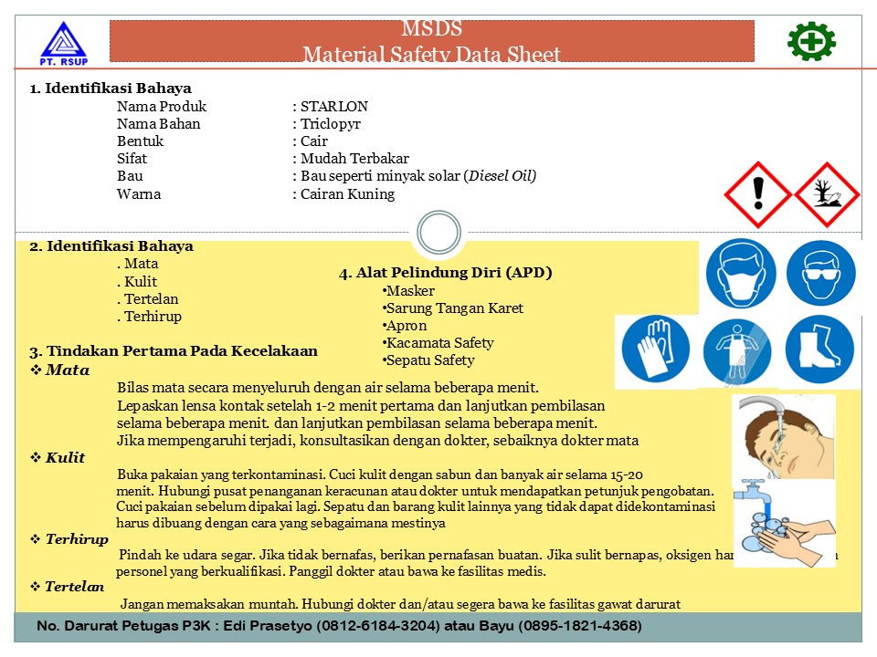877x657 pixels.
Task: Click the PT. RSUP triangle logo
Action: coord(61,44)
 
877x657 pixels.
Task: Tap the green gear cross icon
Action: coord(811,41)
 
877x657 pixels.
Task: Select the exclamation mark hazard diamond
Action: coord(756,194)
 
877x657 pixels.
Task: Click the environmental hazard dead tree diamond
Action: coord(827,194)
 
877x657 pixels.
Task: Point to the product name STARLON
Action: coord(334,107)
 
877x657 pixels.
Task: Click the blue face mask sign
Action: coord(741,275)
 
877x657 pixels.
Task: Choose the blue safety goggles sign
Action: coord(820,275)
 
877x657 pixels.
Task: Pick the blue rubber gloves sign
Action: coord(655,351)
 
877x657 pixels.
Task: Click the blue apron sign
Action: coord(736,351)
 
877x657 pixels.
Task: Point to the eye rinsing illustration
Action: coord(784,435)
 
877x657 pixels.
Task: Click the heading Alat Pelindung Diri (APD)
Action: coord(446,273)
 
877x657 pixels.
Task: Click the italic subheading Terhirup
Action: coord(77,540)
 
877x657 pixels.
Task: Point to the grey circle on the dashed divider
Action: coord(438,232)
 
